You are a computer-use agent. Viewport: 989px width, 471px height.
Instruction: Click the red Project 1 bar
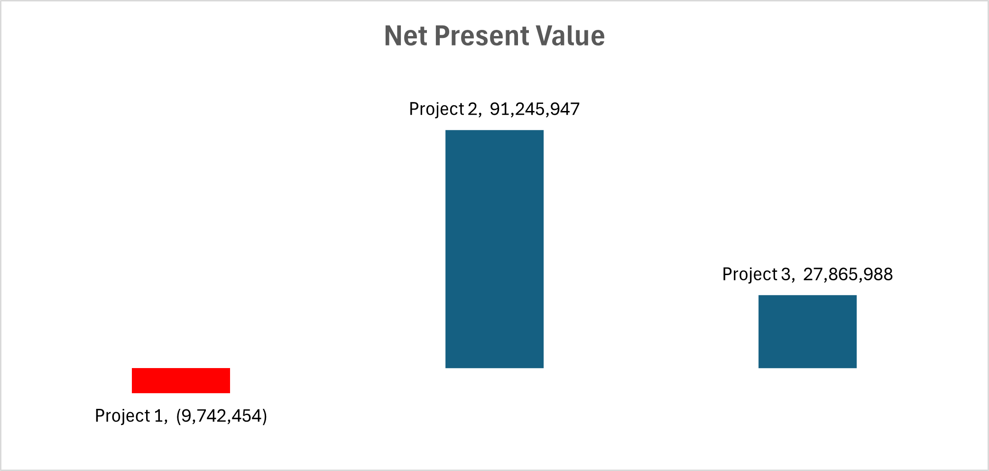[181, 380]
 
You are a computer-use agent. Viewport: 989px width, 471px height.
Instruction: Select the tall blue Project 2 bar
[494, 249]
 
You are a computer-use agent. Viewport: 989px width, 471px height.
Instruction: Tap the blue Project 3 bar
[807, 332]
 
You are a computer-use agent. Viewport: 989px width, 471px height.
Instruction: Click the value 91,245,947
[535, 109]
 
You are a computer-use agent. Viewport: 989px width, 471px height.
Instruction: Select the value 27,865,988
[848, 274]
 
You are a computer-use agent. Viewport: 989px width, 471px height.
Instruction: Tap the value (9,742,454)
[222, 416]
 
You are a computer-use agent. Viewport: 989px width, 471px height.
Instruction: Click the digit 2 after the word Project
[472, 109]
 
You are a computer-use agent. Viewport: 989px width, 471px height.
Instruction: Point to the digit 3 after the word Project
[786, 274]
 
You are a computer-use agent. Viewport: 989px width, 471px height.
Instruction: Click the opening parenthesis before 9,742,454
[178, 416]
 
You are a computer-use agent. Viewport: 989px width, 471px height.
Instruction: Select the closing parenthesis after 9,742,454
[265, 416]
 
